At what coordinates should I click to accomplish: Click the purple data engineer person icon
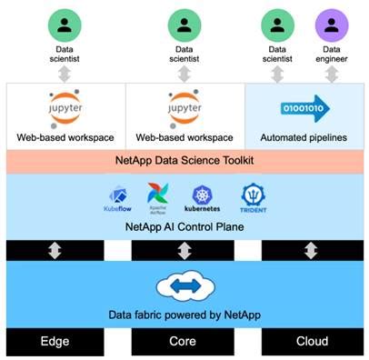click(x=332, y=24)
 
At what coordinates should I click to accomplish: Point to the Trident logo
click(x=252, y=196)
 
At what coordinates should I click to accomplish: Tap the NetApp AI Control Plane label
click(x=184, y=225)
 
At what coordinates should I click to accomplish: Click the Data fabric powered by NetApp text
click(x=184, y=315)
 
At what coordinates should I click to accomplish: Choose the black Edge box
click(x=55, y=342)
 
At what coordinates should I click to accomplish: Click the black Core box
click(x=184, y=342)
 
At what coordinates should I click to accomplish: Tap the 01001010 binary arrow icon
click(x=304, y=108)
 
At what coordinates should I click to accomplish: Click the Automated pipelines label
click(x=305, y=137)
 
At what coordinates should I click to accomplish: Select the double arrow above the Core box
click(x=184, y=250)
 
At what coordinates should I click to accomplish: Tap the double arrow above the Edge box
click(x=55, y=250)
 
